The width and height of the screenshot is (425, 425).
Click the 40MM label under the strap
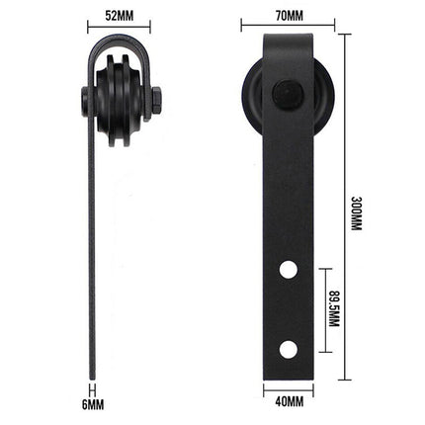click(288, 400)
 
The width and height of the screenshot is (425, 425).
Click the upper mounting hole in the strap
click(288, 268)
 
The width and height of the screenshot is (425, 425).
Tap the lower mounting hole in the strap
click(288, 347)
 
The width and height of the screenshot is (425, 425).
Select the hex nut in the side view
click(158, 99)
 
